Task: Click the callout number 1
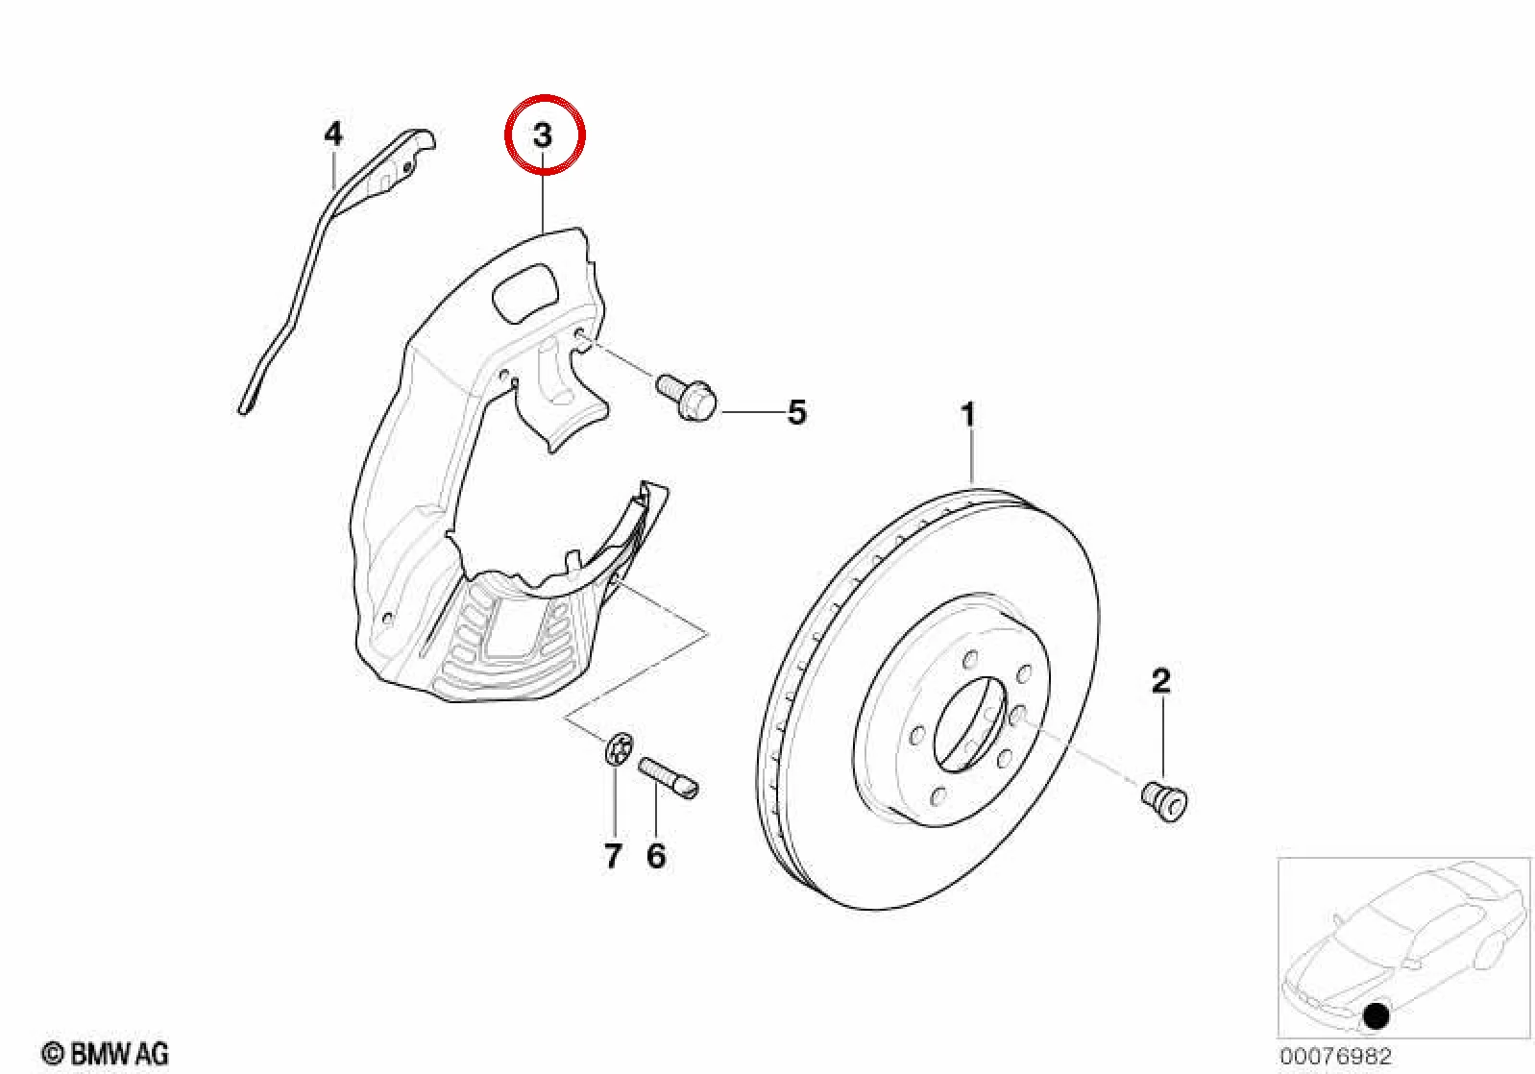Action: [x=967, y=415]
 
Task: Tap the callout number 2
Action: [x=1160, y=681]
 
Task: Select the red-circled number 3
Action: [x=543, y=135]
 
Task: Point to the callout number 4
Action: [x=333, y=134]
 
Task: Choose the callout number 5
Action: [x=796, y=413]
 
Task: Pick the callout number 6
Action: [x=656, y=856]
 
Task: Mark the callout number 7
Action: [x=613, y=856]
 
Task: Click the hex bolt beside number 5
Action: [x=686, y=396]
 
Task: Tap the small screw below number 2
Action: [x=1164, y=802]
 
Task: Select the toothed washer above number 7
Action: [x=618, y=747]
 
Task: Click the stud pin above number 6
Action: [x=669, y=777]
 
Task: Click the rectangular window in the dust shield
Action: [x=525, y=294]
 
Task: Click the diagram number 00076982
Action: [x=1335, y=1054]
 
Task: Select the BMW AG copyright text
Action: [x=106, y=1053]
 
